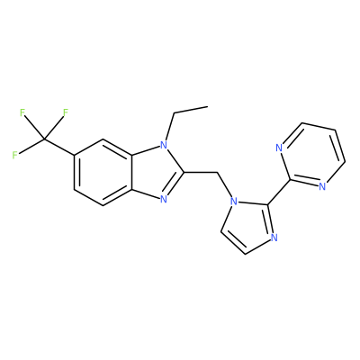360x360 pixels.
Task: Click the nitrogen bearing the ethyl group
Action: coord(163,146)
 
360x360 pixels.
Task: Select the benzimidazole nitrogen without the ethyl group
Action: coord(163,199)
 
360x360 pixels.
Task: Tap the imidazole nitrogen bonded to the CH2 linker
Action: coord(233,200)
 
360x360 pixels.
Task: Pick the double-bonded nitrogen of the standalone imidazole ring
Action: coord(274,238)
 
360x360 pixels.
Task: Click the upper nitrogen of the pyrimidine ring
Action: coord(279,148)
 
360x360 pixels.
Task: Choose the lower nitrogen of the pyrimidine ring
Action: coord(322,186)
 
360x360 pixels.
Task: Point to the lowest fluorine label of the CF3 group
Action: coord(14,156)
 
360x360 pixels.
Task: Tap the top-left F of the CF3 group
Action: coord(22,112)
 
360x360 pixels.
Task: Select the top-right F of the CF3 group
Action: coord(66,112)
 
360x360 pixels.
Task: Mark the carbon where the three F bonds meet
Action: coord(44,139)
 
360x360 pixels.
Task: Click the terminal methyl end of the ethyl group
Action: coord(208,106)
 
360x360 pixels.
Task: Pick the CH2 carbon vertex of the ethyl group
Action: coord(174,113)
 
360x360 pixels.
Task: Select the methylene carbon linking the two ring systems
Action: coord(217,173)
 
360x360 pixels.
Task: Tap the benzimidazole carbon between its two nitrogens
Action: coord(184,173)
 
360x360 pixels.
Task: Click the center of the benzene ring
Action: coord(103,173)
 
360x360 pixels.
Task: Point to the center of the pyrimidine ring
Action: coord(312,155)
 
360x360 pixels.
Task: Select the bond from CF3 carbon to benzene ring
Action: coord(58,147)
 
